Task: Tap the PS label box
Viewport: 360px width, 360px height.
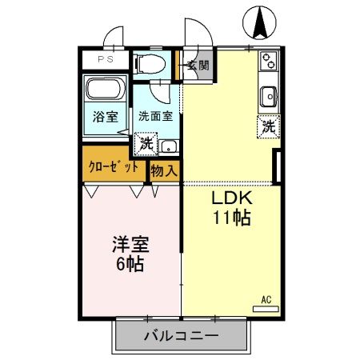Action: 106,59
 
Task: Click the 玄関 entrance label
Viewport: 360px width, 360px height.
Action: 198,66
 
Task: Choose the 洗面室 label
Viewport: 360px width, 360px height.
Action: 155,116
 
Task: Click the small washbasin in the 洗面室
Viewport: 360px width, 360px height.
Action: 167,146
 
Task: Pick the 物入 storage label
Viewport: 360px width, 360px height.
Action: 164,169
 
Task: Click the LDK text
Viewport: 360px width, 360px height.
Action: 231,199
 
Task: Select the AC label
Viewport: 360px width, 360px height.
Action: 266,300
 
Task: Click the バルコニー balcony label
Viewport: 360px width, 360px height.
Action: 179,335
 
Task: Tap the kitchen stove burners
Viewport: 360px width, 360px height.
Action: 267,60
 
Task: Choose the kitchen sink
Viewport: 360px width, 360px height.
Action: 267,96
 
